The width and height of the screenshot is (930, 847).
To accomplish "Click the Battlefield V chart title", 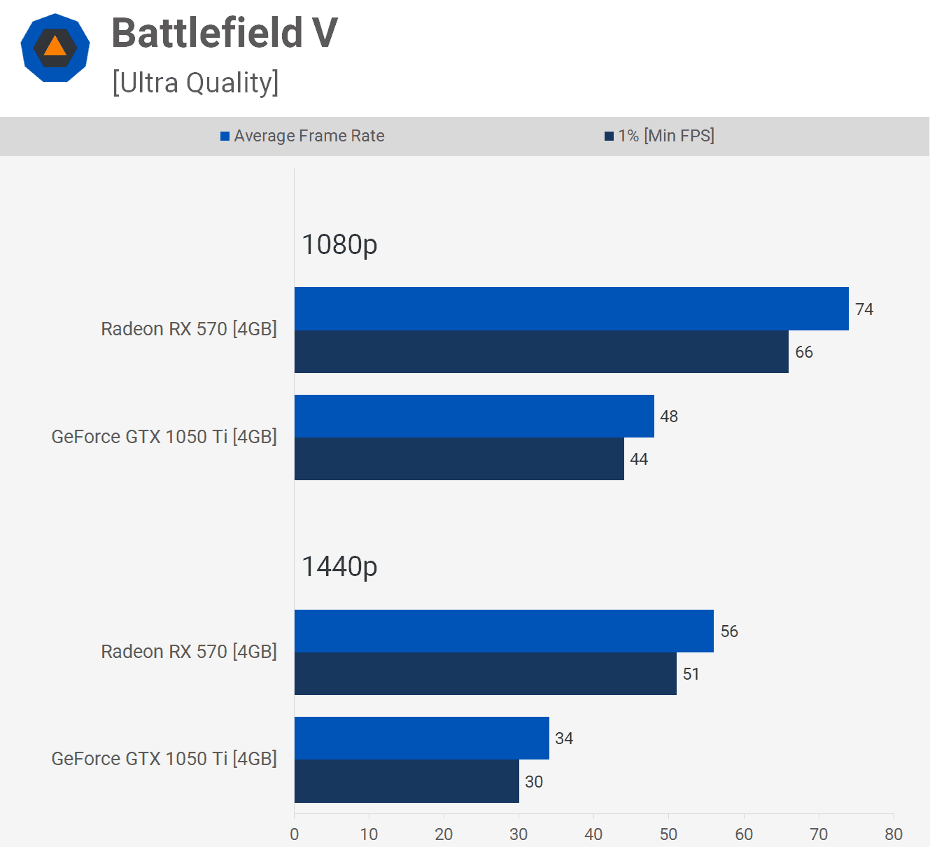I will click(x=225, y=33).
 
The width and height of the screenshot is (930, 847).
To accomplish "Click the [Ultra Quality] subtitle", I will click(x=195, y=83).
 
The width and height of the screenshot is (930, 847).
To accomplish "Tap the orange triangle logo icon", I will click(x=55, y=47).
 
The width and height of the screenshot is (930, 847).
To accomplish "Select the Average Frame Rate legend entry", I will click(x=302, y=136).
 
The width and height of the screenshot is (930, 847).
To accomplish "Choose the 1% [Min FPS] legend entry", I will click(x=659, y=136).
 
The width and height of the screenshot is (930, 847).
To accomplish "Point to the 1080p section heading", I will click(x=339, y=244).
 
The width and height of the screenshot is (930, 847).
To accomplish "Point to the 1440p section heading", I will click(x=339, y=566).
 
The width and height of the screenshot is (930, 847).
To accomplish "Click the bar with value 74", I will click(x=571, y=309).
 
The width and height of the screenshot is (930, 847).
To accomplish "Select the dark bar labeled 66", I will click(x=541, y=351).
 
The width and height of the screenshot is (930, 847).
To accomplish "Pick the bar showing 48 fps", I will click(x=474, y=416).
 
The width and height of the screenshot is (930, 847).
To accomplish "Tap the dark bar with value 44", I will click(x=459, y=458).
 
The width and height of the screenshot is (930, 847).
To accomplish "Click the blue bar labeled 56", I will click(x=504, y=631).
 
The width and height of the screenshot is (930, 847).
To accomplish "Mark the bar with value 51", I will click(x=485, y=673).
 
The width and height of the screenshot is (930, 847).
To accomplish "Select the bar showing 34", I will click(x=421, y=738).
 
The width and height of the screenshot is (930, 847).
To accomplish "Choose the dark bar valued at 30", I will click(x=407, y=781).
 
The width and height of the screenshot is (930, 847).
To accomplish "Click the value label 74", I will click(x=864, y=309).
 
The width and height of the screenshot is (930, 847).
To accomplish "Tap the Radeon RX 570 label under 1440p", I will click(x=189, y=651).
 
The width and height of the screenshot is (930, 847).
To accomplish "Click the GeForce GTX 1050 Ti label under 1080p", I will click(x=164, y=436).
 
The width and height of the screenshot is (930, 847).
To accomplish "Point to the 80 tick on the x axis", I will click(x=894, y=834).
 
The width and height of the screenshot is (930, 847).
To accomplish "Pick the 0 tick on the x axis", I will click(x=295, y=834).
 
